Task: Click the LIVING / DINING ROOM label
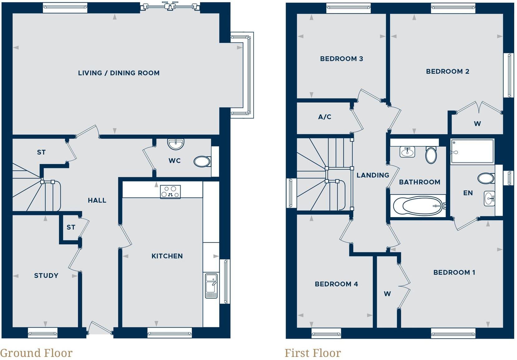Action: coord(119,73)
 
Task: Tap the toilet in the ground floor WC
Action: coord(202,162)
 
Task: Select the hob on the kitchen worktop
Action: coord(170,192)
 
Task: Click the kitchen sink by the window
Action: coord(211,286)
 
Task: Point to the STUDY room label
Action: coord(46,275)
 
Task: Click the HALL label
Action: coord(97,200)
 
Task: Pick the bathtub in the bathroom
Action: coord(418,206)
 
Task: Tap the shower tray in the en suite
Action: coord(472,151)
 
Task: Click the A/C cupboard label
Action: coord(324,117)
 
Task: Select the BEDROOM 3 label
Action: coord(341,59)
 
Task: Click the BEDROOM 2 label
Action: coord(447,71)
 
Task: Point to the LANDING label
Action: coord(373,175)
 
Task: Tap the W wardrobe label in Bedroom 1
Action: coord(387,294)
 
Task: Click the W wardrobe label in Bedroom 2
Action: coord(477,124)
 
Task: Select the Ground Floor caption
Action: coord(36,353)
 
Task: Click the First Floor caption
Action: coord(313,353)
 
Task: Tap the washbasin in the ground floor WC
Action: coord(176,144)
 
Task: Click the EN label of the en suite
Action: coord(468,193)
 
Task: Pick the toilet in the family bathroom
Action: coord(431,155)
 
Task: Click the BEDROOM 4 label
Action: coord(336,284)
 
